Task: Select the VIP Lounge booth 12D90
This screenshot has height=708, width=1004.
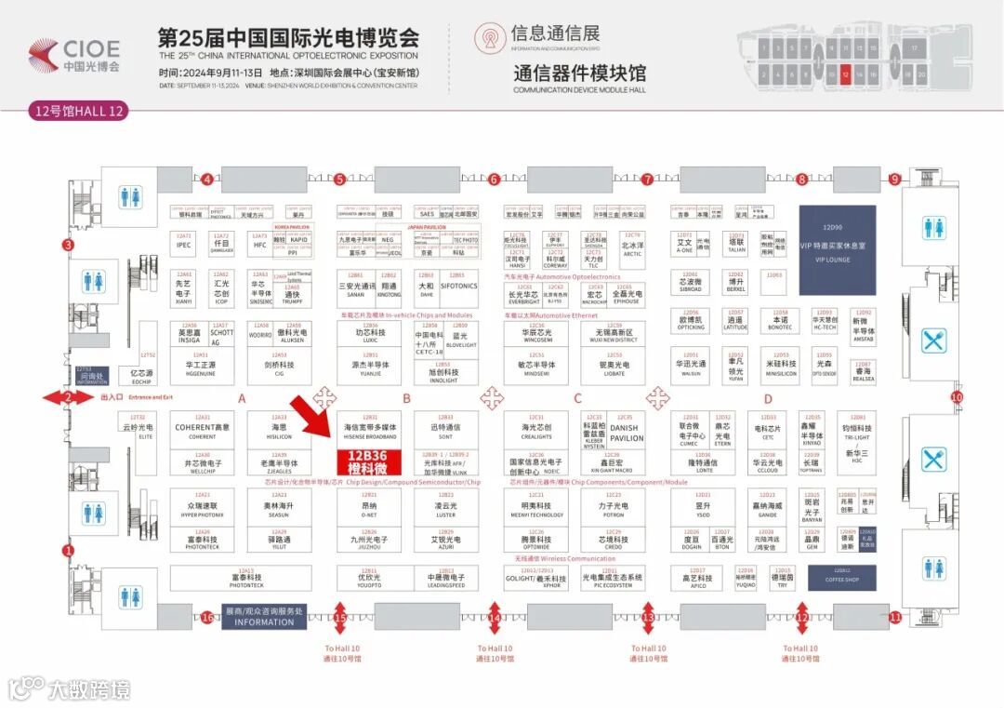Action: click(838, 236)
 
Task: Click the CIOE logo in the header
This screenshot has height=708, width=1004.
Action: click(75, 56)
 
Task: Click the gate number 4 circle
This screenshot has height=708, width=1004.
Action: click(208, 179)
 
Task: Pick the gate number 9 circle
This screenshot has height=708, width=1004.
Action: click(894, 179)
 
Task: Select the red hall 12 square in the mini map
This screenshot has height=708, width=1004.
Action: click(845, 74)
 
